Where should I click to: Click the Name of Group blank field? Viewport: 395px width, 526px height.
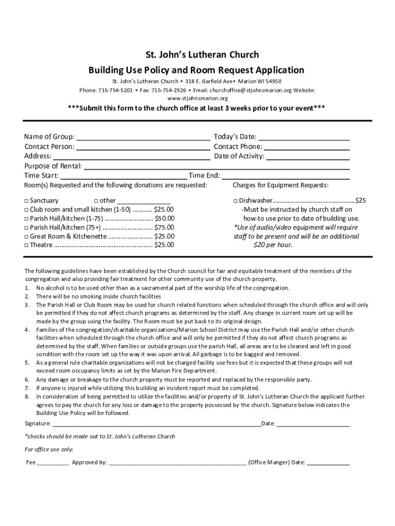click(143, 137)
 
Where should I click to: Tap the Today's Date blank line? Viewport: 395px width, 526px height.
click(304, 137)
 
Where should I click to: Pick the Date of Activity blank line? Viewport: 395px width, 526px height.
click(308, 157)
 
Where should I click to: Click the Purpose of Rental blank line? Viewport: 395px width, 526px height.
click(216, 166)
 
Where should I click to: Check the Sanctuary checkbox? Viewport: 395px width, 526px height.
click(27, 201)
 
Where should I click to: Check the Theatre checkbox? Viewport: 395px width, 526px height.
click(27, 246)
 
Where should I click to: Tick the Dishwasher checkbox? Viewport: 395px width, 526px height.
click(235, 201)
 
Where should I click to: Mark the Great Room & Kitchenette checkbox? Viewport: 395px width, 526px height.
click(27, 237)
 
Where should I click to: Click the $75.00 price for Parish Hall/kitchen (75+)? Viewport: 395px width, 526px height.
click(164, 228)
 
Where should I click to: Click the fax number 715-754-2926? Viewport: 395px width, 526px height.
click(167, 90)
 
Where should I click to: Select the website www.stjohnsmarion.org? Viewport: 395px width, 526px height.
click(197, 98)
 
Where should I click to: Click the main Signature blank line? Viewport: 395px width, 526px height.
click(156, 424)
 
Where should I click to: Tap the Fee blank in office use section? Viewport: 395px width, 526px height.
click(53, 462)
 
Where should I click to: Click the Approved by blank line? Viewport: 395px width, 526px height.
click(177, 462)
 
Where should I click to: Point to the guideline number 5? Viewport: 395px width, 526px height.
click(27, 363)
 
